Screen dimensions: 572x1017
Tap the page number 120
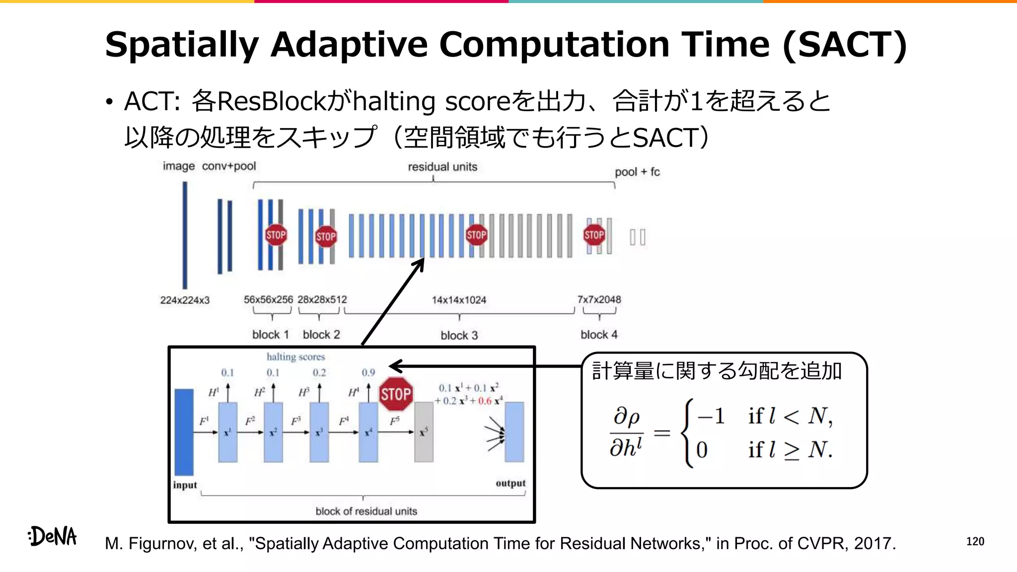(x=975, y=541)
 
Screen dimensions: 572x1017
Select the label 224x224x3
(x=185, y=300)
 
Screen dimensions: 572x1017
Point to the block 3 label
(x=459, y=335)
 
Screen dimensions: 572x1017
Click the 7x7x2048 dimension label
(x=599, y=299)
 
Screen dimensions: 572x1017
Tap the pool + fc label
(x=637, y=172)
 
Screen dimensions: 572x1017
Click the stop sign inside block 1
(x=276, y=235)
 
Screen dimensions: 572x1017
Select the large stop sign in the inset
(x=396, y=394)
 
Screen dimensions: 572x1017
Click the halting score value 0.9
(x=368, y=372)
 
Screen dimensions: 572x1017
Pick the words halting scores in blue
(x=295, y=357)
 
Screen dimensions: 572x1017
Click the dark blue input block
(x=184, y=432)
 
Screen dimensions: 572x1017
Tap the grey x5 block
(x=424, y=432)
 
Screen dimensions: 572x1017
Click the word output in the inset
(x=510, y=483)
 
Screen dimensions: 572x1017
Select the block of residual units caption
(x=366, y=511)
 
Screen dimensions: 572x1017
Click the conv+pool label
(x=229, y=166)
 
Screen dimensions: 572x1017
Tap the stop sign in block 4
(x=594, y=235)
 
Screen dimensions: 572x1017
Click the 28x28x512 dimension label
(x=322, y=299)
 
